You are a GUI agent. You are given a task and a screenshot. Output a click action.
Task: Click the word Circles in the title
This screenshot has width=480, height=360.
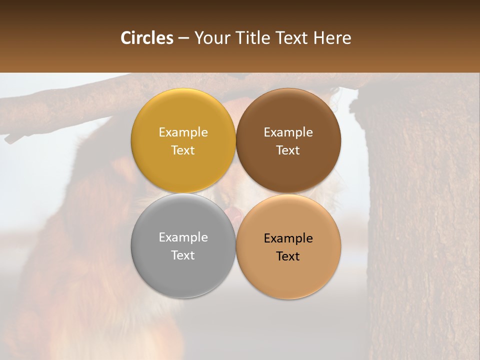147,38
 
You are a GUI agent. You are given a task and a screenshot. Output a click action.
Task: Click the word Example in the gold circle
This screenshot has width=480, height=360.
183,132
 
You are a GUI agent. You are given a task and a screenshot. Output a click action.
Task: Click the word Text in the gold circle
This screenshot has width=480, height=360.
183,150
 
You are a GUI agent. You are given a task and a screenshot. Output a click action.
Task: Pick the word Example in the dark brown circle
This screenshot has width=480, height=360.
288,132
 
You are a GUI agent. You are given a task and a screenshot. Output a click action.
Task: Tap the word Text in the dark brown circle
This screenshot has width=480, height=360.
288,150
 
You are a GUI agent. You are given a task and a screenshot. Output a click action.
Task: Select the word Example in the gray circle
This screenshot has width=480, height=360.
183,237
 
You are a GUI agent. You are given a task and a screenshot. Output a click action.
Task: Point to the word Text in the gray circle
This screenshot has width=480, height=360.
183,255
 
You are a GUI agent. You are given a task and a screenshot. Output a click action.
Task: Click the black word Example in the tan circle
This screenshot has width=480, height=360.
288,238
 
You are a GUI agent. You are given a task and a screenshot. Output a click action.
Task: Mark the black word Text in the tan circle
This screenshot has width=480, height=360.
288,256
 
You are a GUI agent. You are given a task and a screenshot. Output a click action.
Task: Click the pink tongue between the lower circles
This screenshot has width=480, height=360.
234,215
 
